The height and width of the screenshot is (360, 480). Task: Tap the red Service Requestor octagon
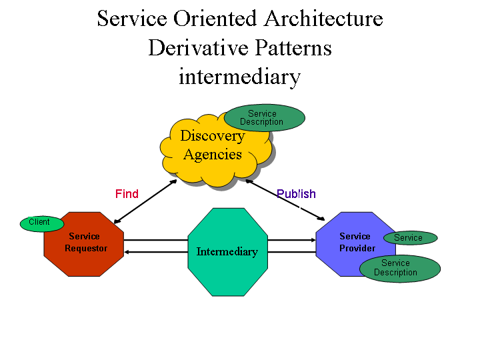[83, 257]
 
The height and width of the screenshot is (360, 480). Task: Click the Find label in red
[127, 194]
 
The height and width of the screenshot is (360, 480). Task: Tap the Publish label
[296, 194]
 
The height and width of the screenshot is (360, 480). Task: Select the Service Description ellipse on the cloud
[264, 118]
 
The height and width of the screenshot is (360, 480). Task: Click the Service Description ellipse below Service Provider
[399, 268]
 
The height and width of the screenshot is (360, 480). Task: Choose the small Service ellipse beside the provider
[410, 238]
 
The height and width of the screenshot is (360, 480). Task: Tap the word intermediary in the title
[239, 77]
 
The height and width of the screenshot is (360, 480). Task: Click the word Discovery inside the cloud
[213, 136]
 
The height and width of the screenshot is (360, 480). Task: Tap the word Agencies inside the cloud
[213, 155]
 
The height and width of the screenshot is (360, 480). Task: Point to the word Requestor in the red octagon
[85, 249]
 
